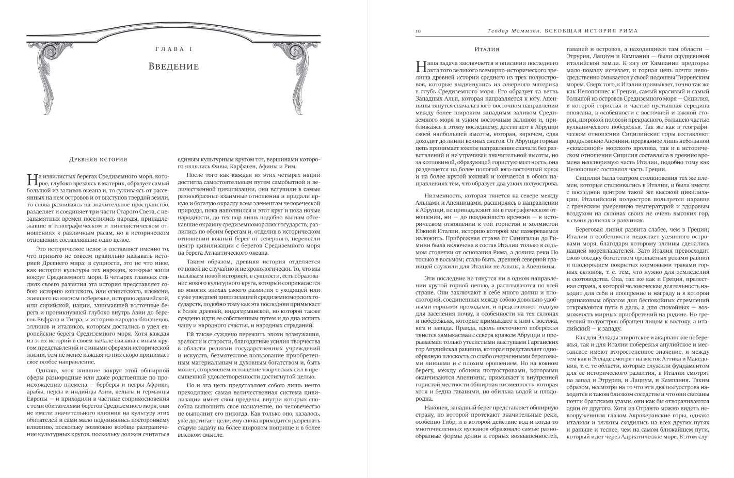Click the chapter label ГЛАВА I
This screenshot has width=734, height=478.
coord(173,49)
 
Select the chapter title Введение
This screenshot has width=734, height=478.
coord(173,66)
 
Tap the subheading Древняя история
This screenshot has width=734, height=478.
coord(98,160)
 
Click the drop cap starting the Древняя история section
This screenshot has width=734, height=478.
coord(31,178)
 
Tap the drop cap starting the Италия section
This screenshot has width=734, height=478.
coord(420,66)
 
